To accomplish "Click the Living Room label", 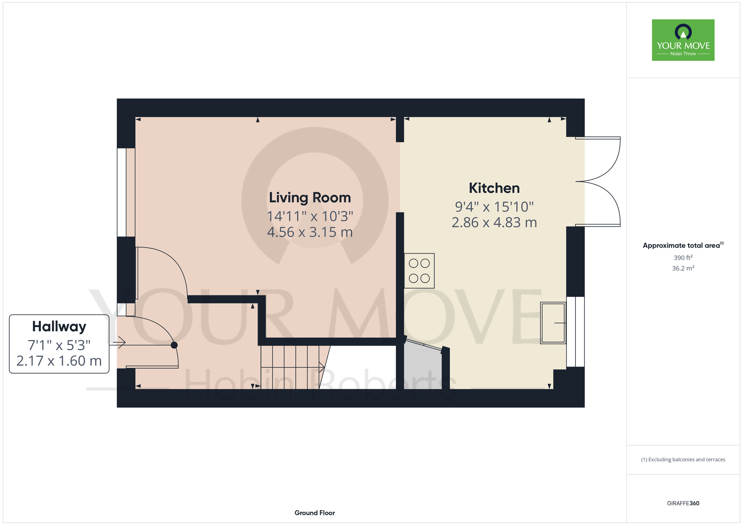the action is click(x=310, y=198).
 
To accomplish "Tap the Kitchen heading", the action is click(x=494, y=188).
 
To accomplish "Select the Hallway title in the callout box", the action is click(x=59, y=327).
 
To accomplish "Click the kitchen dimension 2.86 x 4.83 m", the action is click(x=494, y=222).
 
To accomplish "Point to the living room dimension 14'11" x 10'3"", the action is click(x=310, y=216).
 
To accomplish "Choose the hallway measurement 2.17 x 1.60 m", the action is click(x=59, y=361).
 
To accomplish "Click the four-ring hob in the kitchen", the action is click(x=419, y=271).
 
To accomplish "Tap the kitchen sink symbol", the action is click(x=553, y=323).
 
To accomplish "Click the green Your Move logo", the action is click(x=683, y=40).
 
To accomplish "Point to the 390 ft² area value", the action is click(x=683, y=257).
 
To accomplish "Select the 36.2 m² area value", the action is click(x=683, y=268).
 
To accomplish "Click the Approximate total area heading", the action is click(x=683, y=245).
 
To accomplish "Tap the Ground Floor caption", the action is click(x=315, y=513).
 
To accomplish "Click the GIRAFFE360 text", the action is click(x=683, y=503).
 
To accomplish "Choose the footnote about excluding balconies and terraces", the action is click(x=683, y=460).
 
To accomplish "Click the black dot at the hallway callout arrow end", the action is click(x=174, y=345).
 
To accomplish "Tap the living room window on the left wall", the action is click(x=126, y=192).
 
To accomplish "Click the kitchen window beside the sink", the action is click(x=575, y=332).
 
